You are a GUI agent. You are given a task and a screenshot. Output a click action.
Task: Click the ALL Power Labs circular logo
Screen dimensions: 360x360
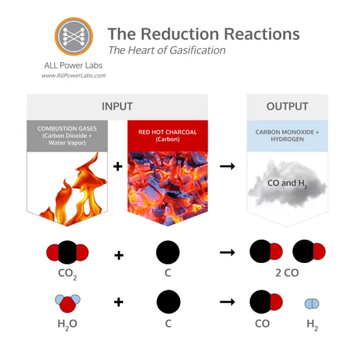tap(74, 36)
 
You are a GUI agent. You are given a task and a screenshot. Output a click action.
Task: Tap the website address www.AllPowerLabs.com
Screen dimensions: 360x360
tap(74, 76)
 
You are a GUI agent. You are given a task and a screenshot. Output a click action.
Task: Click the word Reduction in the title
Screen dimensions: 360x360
tap(180, 34)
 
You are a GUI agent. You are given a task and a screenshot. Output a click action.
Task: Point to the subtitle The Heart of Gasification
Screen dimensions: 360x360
tap(167, 50)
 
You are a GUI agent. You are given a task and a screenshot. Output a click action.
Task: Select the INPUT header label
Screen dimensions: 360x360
tap(117, 106)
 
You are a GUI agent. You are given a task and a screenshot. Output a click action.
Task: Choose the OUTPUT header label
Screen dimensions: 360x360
tap(287, 106)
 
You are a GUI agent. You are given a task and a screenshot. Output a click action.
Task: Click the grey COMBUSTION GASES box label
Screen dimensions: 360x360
tap(67, 135)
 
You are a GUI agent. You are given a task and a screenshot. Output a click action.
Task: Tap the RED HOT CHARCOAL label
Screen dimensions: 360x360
tap(167, 135)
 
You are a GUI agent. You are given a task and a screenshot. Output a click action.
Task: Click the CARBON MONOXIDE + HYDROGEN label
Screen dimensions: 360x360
tap(287, 135)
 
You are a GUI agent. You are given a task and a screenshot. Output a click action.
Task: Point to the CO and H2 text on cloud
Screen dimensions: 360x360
tap(287, 183)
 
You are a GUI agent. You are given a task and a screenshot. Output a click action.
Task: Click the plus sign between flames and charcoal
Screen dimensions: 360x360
tap(118, 166)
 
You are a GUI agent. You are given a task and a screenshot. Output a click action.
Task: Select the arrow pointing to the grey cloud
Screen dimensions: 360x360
tap(228, 166)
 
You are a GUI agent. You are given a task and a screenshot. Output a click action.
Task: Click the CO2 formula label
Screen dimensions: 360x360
tap(68, 274)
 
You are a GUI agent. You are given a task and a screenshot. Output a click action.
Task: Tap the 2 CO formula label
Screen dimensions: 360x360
tap(287, 273)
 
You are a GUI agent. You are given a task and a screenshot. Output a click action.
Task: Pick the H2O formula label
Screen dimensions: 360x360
tap(68, 325)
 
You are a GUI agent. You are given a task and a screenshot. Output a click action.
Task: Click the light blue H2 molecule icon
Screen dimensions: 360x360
tap(312, 304)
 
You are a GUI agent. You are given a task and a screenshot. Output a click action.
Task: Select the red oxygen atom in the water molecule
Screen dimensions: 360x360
tap(68, 304)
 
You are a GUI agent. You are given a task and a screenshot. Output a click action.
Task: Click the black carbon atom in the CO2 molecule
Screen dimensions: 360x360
tap(68, 252)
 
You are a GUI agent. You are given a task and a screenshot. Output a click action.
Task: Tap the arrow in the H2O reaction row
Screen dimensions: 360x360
tap(228, 302)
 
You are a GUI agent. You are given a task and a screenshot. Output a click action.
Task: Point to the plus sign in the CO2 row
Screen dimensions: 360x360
tap(119, 255)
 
